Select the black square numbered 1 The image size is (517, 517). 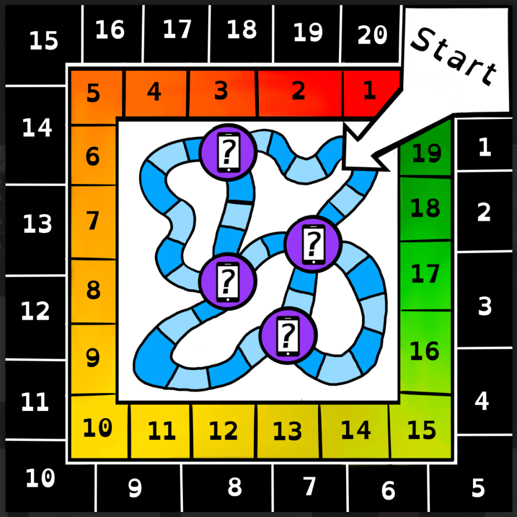pyautogui.click(x=484, y=145)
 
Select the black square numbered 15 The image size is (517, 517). pyautogui.click(x=43, y=41)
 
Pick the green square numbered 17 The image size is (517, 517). pyautogui.click(x=425, y=275)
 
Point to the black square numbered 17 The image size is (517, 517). pyautogui.click(x=177, y=30)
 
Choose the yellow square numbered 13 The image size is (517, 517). pyautogui.click(x=287, y=431)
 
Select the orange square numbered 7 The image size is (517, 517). pyautogui.click(x=93, y=222)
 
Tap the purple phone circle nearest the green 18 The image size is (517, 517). pyautogui.click(x=313, y=244)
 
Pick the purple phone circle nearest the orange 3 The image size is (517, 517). pyautogui.click(x=228, y=152)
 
